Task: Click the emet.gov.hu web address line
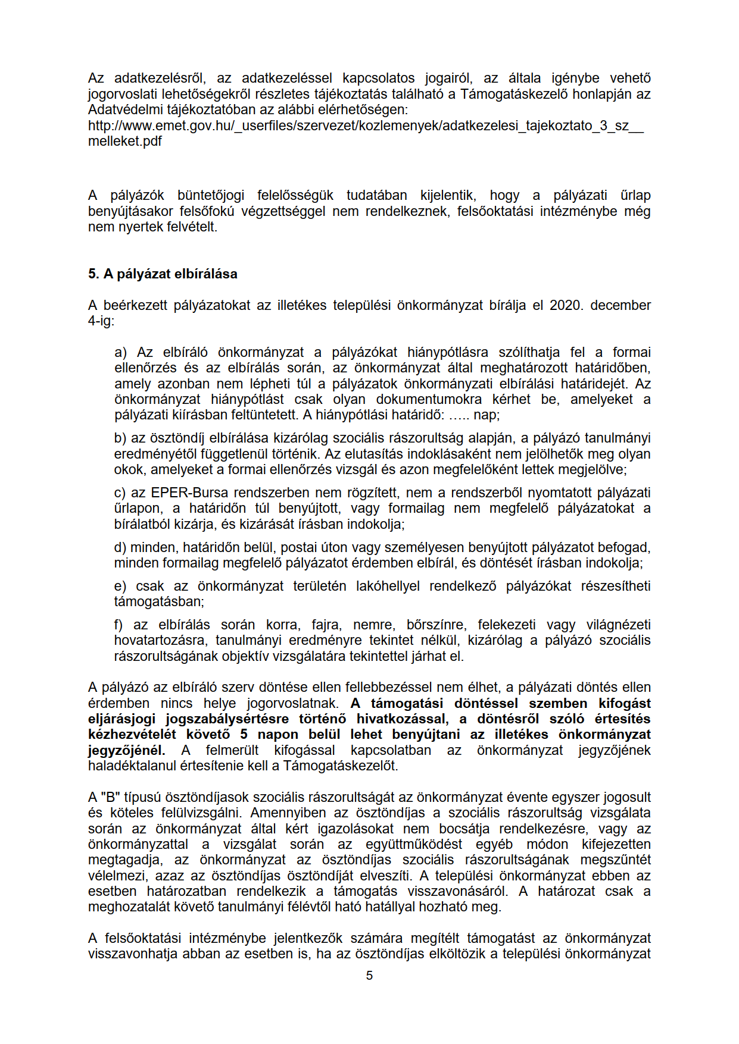tap(366, 126)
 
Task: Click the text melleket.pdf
tap(125, 142)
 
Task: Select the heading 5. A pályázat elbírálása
tap(163, 274)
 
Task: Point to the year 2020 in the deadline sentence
tap(565, 305)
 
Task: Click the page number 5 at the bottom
tap(369, 976)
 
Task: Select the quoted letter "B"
tap(111, 797)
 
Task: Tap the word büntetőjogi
tap(211, 196)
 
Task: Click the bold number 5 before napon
tap(244, 734)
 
